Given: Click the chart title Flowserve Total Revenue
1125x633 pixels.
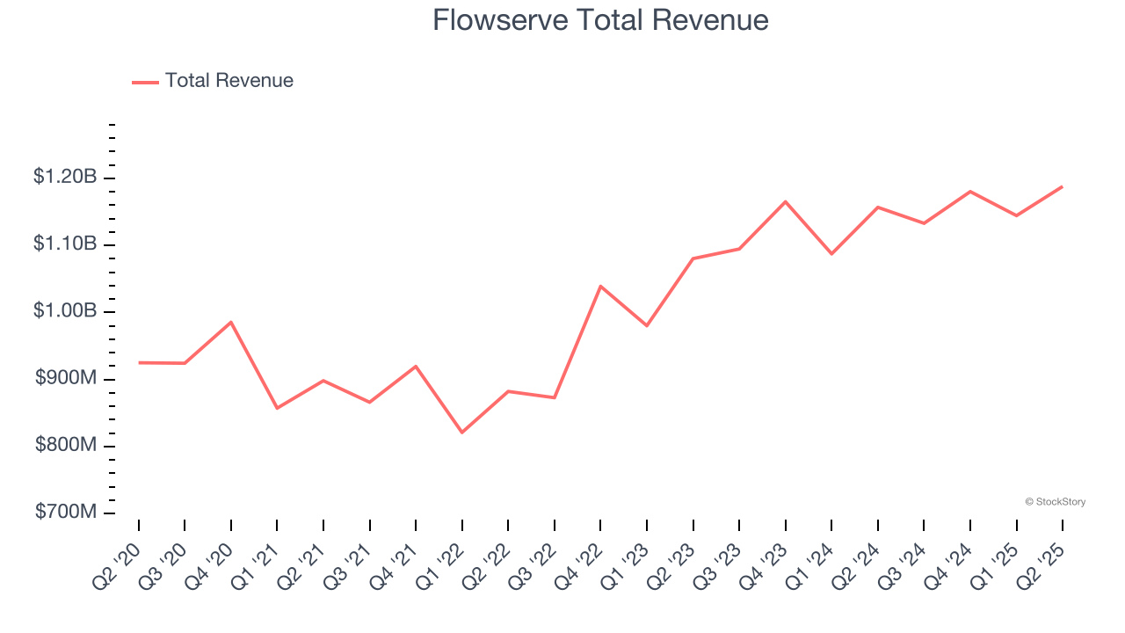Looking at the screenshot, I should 600,20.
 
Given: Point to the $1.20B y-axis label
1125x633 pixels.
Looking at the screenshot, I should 65,177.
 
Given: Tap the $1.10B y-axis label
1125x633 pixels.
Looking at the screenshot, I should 65,244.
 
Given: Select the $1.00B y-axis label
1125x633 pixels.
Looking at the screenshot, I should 65,311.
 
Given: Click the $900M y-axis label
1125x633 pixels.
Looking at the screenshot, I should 66,378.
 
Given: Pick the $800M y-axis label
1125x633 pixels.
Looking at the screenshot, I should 66,445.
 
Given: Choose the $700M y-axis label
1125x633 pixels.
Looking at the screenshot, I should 66,512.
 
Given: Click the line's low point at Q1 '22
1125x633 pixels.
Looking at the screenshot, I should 461,433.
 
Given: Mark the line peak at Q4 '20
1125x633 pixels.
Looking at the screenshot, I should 231,322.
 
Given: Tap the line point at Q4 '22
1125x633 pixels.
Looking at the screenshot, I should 600,286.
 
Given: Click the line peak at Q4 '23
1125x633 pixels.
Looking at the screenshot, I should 785,201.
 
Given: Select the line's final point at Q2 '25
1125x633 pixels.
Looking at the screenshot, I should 1062,186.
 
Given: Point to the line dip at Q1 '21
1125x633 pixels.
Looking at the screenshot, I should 277,408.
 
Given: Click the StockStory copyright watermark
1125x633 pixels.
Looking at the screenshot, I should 1055,502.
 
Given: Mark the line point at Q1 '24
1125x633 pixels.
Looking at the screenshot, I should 831,254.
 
